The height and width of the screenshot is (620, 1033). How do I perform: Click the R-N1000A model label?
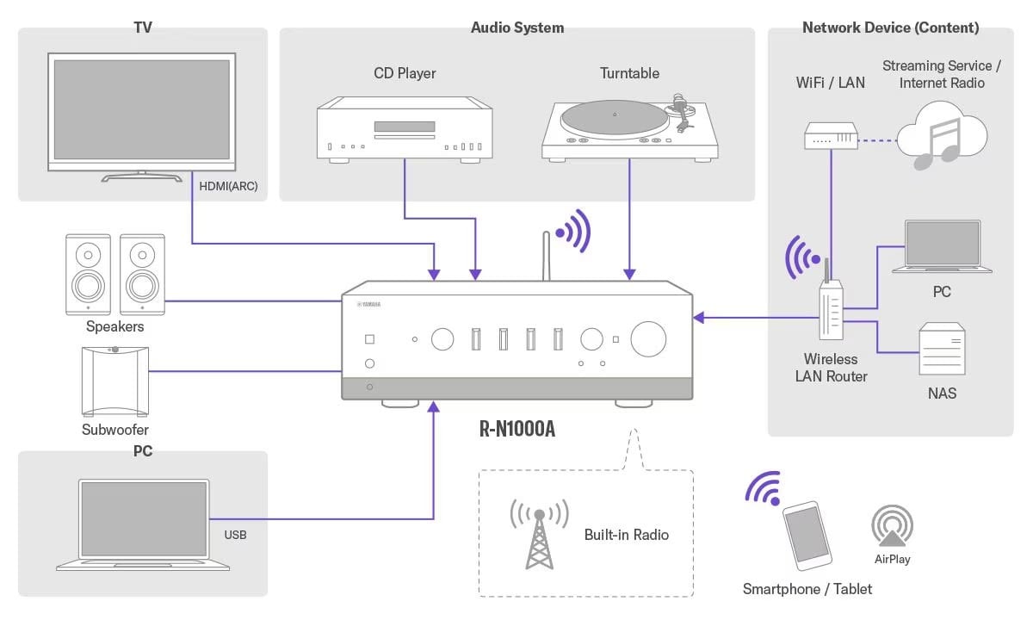(516, 429)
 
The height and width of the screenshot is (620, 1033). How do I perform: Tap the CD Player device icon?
(405, 129)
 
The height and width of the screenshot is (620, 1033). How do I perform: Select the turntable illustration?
(629, 129)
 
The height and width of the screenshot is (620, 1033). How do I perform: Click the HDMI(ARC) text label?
(228, 186)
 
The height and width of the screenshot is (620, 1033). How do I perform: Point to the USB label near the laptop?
(235, 535)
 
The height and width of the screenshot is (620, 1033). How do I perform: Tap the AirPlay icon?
(892, 527)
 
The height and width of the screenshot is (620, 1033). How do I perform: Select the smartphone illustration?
(807, 535)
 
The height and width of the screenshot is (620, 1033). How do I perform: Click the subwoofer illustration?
(114, 379)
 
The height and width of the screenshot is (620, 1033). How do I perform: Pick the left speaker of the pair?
(88, 272)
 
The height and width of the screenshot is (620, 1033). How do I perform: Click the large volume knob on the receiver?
(648, 339)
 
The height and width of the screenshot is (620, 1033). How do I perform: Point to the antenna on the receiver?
(546, 257)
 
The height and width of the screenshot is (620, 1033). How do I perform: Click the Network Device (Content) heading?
(890, 28)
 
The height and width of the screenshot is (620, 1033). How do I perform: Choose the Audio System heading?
(517, 28)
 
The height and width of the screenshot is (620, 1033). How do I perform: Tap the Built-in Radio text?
(626, 535)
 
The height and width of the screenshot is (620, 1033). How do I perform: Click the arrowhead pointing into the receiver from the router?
(699, 318)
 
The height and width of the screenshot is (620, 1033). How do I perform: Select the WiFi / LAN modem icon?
(831, 135)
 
